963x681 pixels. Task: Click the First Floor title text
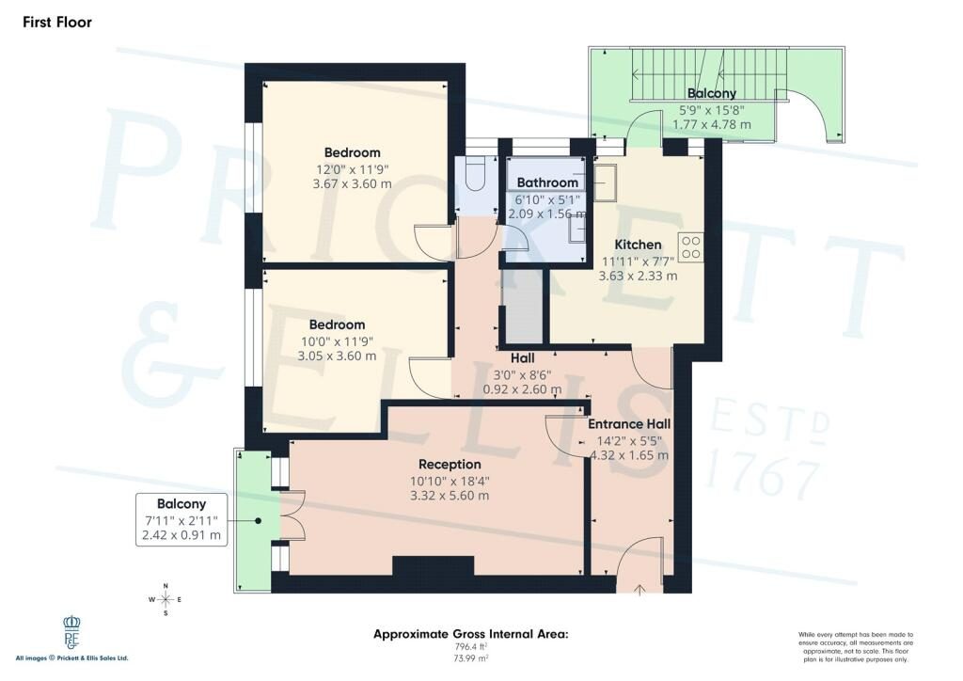57,23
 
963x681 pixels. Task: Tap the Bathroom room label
547,182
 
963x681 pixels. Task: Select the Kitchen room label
639,245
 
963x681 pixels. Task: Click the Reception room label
450,465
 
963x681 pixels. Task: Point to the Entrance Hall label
629,423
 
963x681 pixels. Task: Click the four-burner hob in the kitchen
691,246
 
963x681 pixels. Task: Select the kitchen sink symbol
606,182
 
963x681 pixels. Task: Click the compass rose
166,599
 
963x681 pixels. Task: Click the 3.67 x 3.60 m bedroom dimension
352,184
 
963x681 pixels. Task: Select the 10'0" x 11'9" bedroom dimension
337,340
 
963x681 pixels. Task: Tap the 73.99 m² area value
471,658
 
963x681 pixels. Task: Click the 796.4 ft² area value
471,646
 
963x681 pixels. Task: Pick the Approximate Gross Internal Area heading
471,634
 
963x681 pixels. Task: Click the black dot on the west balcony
259,521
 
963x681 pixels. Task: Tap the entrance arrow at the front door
639,590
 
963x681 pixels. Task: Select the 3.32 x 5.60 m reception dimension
450,496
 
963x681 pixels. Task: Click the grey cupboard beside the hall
523,307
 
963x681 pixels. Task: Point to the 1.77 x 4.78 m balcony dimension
712,125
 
